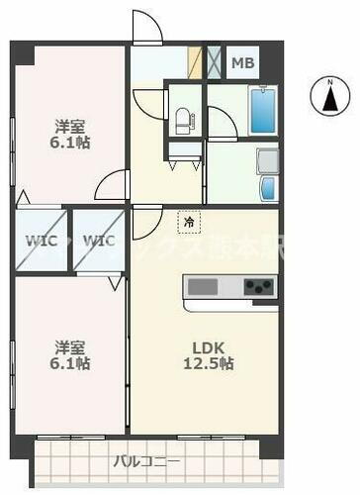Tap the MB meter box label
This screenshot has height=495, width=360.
[242, 64]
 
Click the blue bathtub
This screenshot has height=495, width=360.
[262, 111]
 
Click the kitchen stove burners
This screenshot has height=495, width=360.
[258, 288]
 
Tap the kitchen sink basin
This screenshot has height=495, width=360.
[203, 288]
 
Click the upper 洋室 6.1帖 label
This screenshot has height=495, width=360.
[71, 135]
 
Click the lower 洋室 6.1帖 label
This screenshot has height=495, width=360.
[71, 355]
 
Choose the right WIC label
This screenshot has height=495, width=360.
[98, 241]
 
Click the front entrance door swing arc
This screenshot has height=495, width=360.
[146, 28]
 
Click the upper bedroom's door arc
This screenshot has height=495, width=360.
[114, 184]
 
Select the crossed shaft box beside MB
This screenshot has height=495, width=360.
[215, 62]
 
